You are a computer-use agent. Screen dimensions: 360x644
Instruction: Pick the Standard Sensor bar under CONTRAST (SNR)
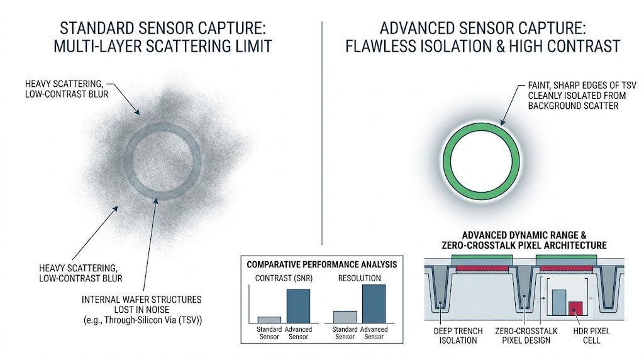(269, 319)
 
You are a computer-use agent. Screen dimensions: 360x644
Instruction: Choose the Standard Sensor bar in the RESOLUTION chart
(345, 317)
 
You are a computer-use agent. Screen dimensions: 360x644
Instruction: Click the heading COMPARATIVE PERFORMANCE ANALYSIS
(321, 264)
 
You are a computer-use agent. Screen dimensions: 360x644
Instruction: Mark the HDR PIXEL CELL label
(588, 335)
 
